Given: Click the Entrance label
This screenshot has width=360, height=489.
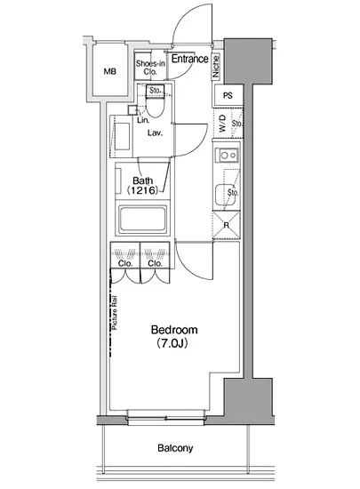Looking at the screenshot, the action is tap(189, 59).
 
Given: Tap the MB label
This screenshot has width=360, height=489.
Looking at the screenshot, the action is tap(109, 72).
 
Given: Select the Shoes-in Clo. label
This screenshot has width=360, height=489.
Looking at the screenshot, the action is tap(150, 68).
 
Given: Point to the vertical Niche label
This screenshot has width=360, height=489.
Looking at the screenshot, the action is tap(216, 66).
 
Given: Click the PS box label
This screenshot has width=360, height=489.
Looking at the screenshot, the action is tap(228, 95).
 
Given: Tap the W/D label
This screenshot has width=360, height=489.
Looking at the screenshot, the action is tap(222, 124).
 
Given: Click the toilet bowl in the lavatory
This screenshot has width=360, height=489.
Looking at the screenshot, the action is tap(155, 107).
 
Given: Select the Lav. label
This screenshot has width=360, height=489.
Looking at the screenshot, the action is tap(156, 133).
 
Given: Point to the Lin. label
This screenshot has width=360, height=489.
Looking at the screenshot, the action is tap(143, 120).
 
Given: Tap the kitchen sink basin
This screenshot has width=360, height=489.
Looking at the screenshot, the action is tap(225, 195).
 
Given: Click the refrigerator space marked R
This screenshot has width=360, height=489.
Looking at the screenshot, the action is tap(227, 225).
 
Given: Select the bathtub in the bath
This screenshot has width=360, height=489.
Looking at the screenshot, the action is tap(142, 218).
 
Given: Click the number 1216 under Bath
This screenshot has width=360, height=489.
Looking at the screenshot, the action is tap(143, 190).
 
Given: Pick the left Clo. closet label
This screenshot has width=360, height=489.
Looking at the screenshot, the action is tap(125, 263).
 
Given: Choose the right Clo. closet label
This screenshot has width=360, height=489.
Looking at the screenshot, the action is tap(156, 263).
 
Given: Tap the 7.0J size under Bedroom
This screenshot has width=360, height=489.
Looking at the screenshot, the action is tap(172, 343).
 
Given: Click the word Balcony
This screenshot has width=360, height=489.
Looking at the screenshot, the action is tap(175, 448).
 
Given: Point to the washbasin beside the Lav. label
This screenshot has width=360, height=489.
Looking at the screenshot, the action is tap(123, 136).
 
